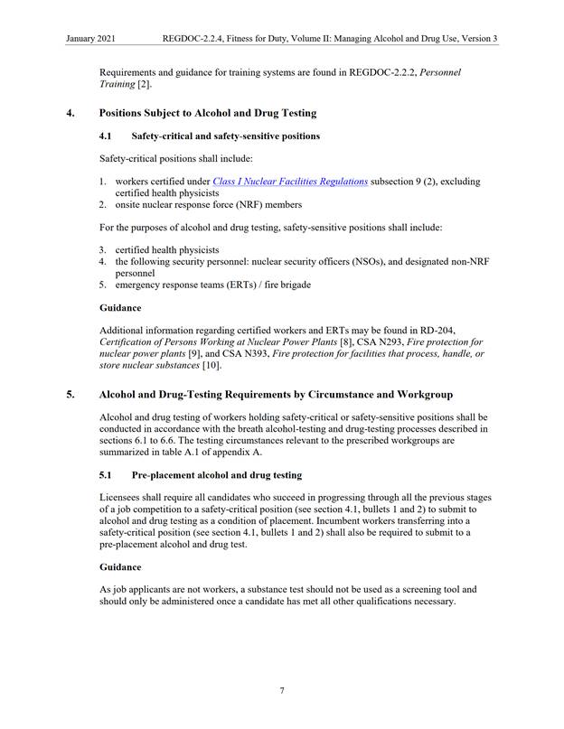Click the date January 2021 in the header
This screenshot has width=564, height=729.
pyautogui.click(x=89, y=39)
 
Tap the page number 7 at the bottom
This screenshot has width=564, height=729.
pyautogui.click(x=282, y=690)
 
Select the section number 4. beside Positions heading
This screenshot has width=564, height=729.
pyautogui.click(x=70, y=113)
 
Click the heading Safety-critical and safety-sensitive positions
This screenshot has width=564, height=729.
pyautogui.click(x=225, y=136)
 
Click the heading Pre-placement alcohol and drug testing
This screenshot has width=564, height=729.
pyautogui.click(x=216, y=474)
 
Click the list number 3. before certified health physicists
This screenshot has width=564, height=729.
pyautogui.click(x=103, y=249)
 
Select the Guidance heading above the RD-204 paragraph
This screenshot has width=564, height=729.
pyautogui.click(x=120, y=308)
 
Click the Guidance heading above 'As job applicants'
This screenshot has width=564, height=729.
pyautogui.click(x=120, y=566)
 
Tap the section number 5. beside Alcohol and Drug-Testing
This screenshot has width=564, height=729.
pyautogui.click(x=70, y=395)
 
